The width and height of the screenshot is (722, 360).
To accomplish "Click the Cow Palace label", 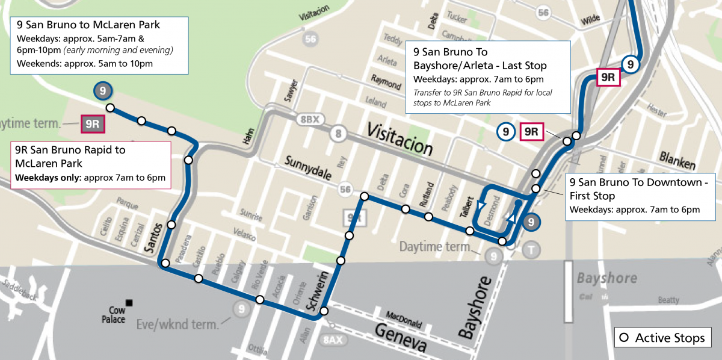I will (113, 315).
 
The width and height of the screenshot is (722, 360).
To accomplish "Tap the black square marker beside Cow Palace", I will (128, 302).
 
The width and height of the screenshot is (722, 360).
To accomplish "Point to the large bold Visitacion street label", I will (400, 138).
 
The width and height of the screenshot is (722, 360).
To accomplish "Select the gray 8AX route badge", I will (333, 340).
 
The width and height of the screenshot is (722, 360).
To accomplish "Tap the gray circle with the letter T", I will (531, 250).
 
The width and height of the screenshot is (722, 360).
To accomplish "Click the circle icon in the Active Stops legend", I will (624, 338).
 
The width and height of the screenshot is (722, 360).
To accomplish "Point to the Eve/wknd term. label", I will (179, 324).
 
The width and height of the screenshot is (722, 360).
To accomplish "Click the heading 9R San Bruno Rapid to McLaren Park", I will (70, 157).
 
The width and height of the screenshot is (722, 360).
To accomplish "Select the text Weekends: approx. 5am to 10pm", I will (85, 63).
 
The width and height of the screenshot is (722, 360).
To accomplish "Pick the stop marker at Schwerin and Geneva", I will (324, 311).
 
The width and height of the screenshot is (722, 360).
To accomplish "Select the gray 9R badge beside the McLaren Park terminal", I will (93, 125).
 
